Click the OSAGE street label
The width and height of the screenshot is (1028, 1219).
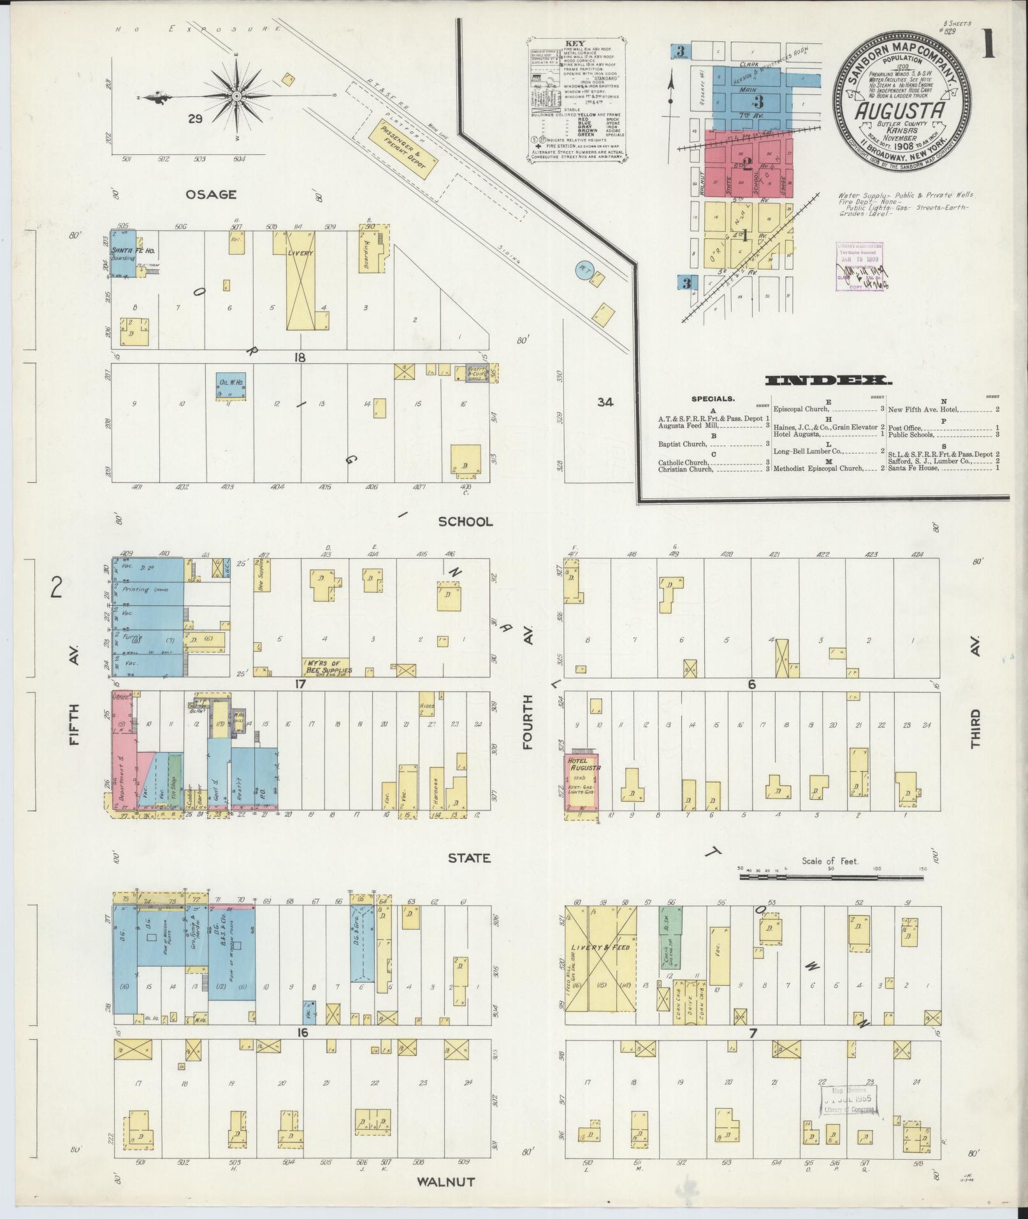[x=211, y=194]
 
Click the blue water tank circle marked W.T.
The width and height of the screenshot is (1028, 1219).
[x=581, y=269]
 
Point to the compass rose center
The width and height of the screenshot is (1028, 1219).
[x=236, y=96]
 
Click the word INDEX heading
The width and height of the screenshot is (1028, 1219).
[x=829, y=381]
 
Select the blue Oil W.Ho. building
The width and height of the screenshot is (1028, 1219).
[x=231, y=386]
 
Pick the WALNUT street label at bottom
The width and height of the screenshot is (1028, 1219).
[x=445, y=1181]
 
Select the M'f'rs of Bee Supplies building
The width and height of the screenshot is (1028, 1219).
[x=327, y=667]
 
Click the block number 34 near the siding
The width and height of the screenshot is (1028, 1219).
[x=605, y=402]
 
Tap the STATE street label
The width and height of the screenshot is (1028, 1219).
[x=468, y=858]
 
